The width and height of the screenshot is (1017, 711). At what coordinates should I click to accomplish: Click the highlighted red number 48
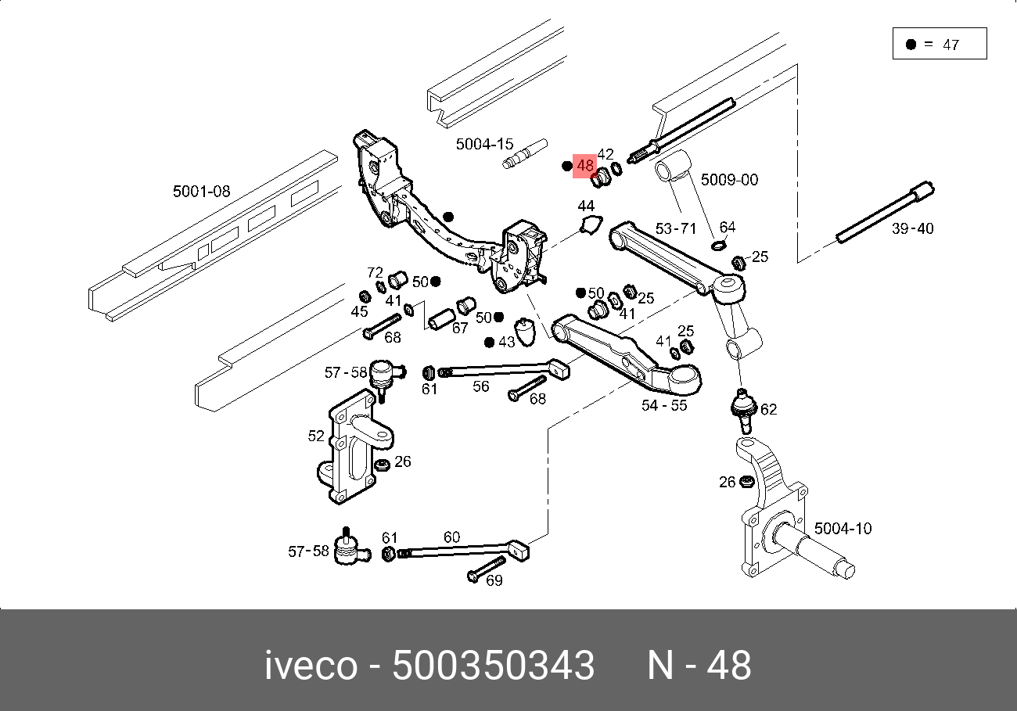point(585,166)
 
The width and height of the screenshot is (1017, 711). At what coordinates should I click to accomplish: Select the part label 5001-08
point(202,192)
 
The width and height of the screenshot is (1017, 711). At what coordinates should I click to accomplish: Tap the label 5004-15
point(485,144)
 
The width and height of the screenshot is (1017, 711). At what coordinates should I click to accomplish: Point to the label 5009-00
point(729,180)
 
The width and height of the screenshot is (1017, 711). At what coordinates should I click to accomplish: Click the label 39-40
point(912,228)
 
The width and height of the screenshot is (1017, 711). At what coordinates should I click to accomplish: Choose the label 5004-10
point(843,529)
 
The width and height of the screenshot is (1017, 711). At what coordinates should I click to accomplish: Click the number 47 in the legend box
point(951,45)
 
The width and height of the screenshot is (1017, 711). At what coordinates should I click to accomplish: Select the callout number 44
point(586,206)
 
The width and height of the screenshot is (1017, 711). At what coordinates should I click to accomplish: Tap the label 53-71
point(676,228)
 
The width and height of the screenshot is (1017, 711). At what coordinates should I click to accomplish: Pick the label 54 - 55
point(664,405)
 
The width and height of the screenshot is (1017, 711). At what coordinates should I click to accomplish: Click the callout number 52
point(316,436)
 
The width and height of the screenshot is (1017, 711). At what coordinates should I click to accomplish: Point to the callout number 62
point(769,409)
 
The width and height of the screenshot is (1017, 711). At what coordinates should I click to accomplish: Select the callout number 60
point(451,537)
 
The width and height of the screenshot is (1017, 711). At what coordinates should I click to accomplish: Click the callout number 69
point(494,580)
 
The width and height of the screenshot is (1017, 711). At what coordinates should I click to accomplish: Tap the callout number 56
point(480,386)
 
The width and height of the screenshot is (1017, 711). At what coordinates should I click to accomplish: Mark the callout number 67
point(460,328)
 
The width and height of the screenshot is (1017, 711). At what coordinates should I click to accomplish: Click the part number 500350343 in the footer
point(493,666)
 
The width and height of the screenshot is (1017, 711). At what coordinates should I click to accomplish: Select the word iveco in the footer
point(311,666)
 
